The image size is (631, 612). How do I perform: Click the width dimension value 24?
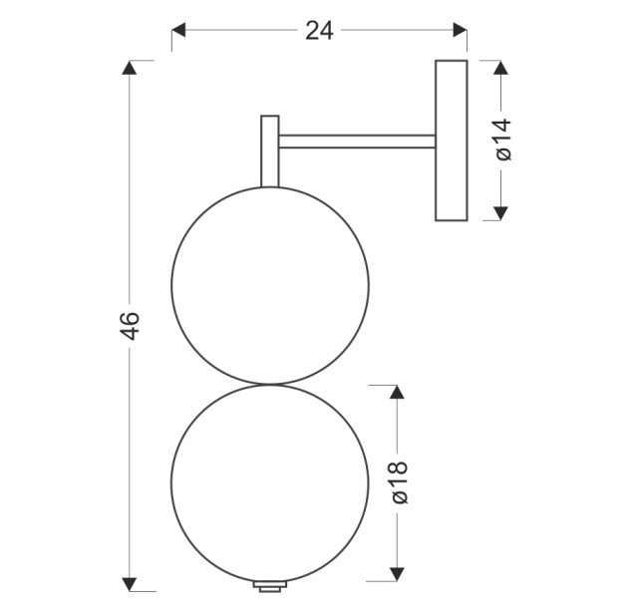(x=319, y=31)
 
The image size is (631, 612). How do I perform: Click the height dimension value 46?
(x=130, y=326)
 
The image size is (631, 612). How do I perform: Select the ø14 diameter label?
(x=503, y=140)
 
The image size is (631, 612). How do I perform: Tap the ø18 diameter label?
(x=400, y=482)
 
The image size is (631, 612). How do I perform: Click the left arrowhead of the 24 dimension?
(x=178, y=30)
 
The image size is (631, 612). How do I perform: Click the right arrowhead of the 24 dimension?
(x=460, y=30)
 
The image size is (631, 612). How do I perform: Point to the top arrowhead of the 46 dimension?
(x=130, y=68)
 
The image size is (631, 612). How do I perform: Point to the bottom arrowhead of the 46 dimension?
(x=130, y=584)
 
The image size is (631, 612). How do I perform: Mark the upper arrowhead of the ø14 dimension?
(x=500, y=68)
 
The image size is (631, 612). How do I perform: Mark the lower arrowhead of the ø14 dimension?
(x=500, y=213)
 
